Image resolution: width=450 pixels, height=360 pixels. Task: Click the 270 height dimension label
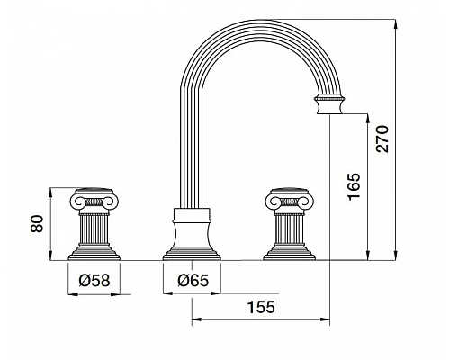pos(383,139)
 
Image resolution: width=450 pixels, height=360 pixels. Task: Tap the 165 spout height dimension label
pos(354,186)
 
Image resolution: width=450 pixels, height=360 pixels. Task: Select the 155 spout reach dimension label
pos(261,307)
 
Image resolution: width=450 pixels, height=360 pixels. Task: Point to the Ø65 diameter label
pos(193,281)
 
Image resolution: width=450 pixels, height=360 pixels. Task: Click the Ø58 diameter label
pos(94,281)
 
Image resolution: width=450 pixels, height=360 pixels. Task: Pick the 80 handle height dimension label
pos(37,223)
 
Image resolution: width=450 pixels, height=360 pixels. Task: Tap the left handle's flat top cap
pos(94,192)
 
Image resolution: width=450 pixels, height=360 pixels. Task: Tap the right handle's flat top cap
pos(290,192)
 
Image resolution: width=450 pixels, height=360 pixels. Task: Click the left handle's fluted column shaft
pos(94,229)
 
